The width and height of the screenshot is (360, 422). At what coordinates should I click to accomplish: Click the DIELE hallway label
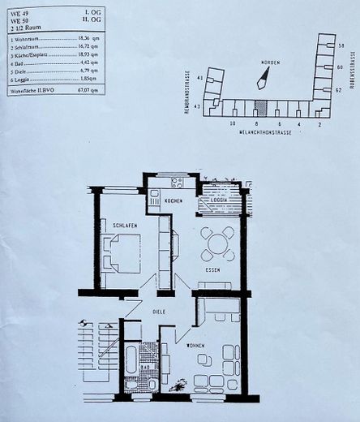[161, 309]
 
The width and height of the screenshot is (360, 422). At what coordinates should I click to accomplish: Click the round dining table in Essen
[217, 243]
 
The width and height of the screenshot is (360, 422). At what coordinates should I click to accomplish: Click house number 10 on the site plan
[232, 124]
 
